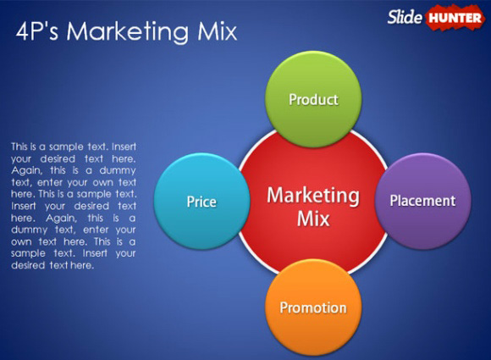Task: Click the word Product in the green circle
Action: (313, 100)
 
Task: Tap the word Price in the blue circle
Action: (201, 202)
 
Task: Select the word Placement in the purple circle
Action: (422, 201)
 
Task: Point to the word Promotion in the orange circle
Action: (313, 307)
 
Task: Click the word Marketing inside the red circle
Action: (313, 196)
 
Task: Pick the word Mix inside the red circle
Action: (313, 219)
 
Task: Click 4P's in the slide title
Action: (37, 31)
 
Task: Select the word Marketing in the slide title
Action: (128, 32)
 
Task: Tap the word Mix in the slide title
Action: (218, 31)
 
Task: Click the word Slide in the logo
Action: (405, 17)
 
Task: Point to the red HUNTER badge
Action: (455, 18)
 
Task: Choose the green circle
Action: (313, 99)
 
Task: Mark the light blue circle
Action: (202, 201)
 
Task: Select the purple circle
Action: (422, 201)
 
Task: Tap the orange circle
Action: (313, 307)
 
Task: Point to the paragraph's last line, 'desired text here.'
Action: (52, 265)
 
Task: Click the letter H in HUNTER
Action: (433, 18)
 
